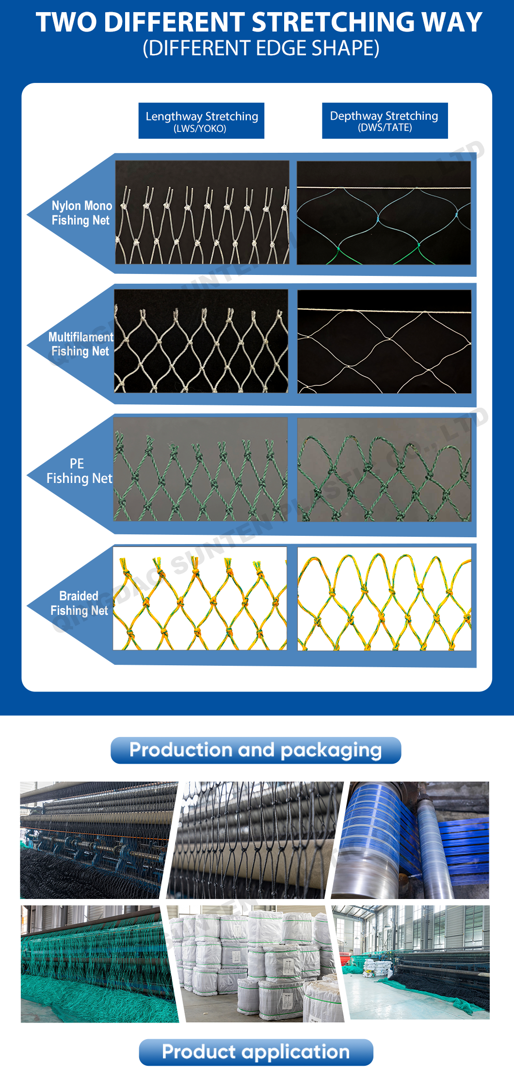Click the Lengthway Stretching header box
201,120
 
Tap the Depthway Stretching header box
385,120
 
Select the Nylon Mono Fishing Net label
81,213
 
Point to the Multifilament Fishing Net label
80,344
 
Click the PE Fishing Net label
79,471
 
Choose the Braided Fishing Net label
79,603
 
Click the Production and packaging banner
256,750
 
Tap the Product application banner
256,1052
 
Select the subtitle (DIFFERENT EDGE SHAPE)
261,48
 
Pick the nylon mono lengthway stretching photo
202,212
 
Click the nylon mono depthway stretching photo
384,213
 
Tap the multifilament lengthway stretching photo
201,341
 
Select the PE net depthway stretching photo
384,469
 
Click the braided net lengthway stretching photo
200,598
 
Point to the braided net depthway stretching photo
384,599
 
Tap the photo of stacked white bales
256,964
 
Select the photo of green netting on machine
97,964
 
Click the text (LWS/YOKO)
200,128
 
